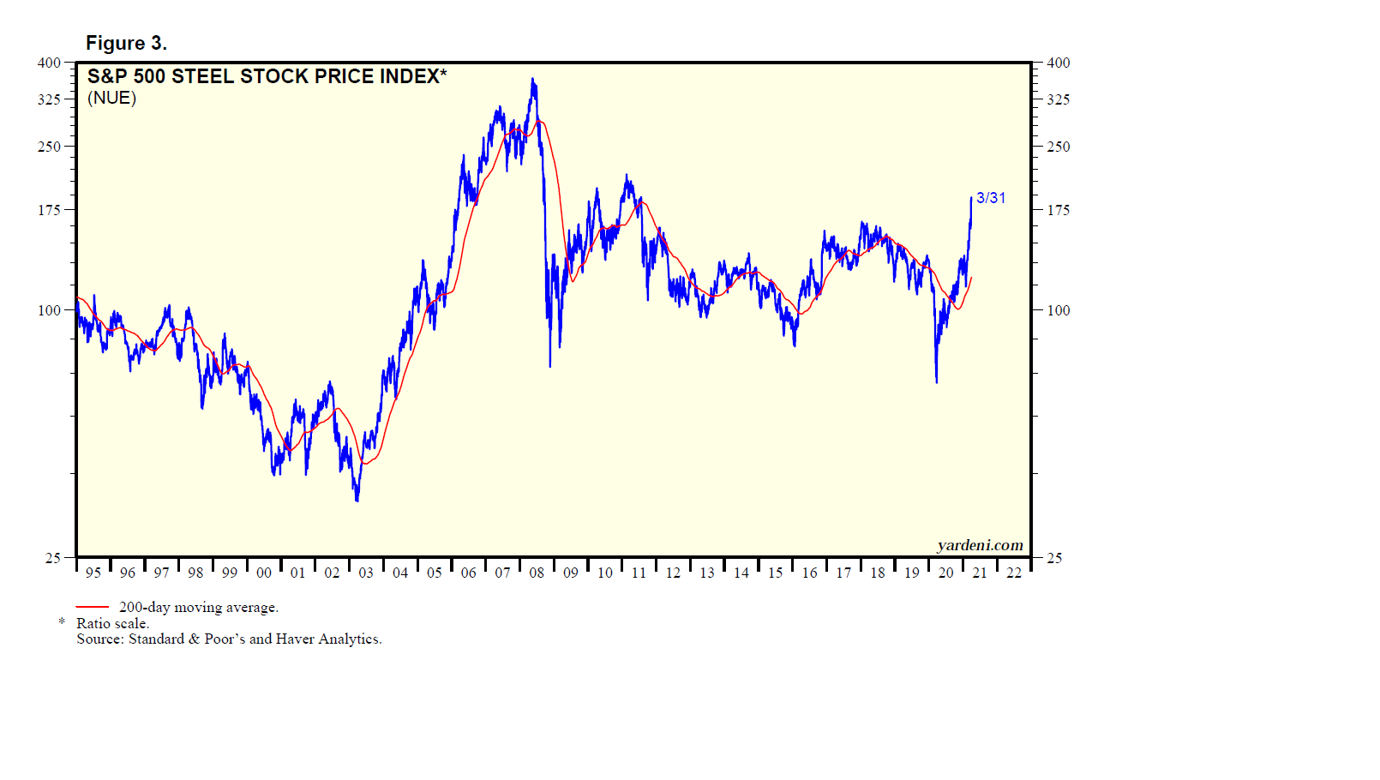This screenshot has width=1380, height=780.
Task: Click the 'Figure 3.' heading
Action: [126, 43]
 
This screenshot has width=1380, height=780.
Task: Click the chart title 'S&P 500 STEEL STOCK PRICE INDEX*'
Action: [267, 76]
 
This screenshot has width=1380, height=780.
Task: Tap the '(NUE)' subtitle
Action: [111, 98]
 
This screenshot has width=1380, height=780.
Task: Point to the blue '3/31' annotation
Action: [991, 198]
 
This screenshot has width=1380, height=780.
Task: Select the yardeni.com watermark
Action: [980, 545]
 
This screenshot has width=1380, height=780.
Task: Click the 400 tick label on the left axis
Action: [49, 63]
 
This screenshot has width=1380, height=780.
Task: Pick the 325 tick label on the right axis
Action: [1059, 99]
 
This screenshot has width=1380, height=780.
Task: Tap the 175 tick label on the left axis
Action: [49, 210]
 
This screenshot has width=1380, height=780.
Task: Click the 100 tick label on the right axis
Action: [1059, 310]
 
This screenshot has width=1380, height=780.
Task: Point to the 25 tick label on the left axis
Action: [53, 558]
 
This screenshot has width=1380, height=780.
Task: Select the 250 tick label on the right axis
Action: [1059, 147]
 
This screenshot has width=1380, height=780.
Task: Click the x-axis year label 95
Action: [93, 573]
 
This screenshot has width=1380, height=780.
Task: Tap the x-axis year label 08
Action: [537, 573]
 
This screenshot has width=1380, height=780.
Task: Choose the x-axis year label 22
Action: [1014, 573]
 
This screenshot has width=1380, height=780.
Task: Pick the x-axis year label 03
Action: [366, 573]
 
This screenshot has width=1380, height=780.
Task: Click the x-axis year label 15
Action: [775, 573]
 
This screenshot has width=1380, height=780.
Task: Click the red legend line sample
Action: [93, 607]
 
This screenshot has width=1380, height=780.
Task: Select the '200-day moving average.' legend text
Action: [199, 607]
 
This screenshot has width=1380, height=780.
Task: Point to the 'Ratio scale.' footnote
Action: [112, 623]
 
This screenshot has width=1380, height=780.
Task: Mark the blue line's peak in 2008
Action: [533, 80]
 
